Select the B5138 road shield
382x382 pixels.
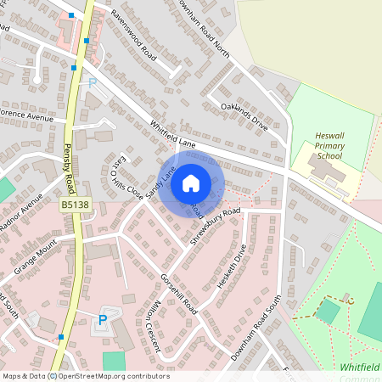(x=74, y=205)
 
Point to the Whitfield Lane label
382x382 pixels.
(x=173, y=135)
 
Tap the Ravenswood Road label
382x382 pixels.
(x=133, y=37)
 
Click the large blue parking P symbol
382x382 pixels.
(x=104, y=319)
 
